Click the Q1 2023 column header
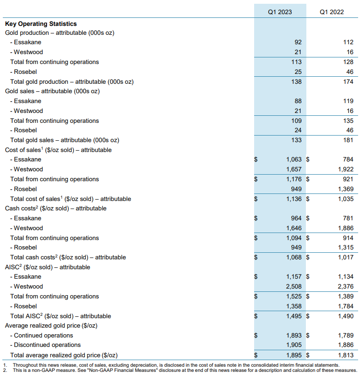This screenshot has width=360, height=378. pos(280,12)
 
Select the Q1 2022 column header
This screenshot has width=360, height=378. pos(332,12)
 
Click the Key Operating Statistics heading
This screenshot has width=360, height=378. pos(40,24)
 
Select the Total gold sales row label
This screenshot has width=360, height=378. pos(64,140)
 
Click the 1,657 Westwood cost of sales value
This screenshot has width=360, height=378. pos(293,169)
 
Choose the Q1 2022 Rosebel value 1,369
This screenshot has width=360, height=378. pos(344,189)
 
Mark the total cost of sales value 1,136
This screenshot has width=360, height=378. pos(293,199)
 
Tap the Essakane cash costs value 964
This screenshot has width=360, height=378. pos(295,218)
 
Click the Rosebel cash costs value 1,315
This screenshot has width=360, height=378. pos(344,247)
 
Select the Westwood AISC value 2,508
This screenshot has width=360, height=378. pos(293,286)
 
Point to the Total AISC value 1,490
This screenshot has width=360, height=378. pos(344,316)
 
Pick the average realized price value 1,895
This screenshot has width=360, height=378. pos(293,355)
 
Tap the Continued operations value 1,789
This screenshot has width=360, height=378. pos(344,336)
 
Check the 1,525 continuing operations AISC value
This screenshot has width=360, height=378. pos(293,296)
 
